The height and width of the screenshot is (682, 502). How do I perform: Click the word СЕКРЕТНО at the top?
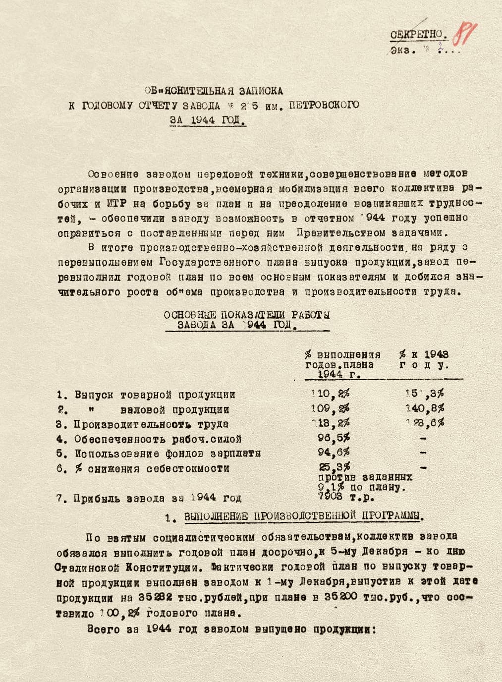(418, 35)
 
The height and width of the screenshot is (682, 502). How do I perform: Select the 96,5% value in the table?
(334, 438)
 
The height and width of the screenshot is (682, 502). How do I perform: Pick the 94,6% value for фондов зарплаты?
(334, 452)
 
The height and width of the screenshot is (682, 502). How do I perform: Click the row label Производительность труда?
(151, 424)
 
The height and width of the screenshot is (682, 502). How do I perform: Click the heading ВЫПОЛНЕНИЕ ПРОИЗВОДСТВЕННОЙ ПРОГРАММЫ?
(304, 516)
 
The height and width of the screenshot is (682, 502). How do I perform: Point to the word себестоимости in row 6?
(188, 468)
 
